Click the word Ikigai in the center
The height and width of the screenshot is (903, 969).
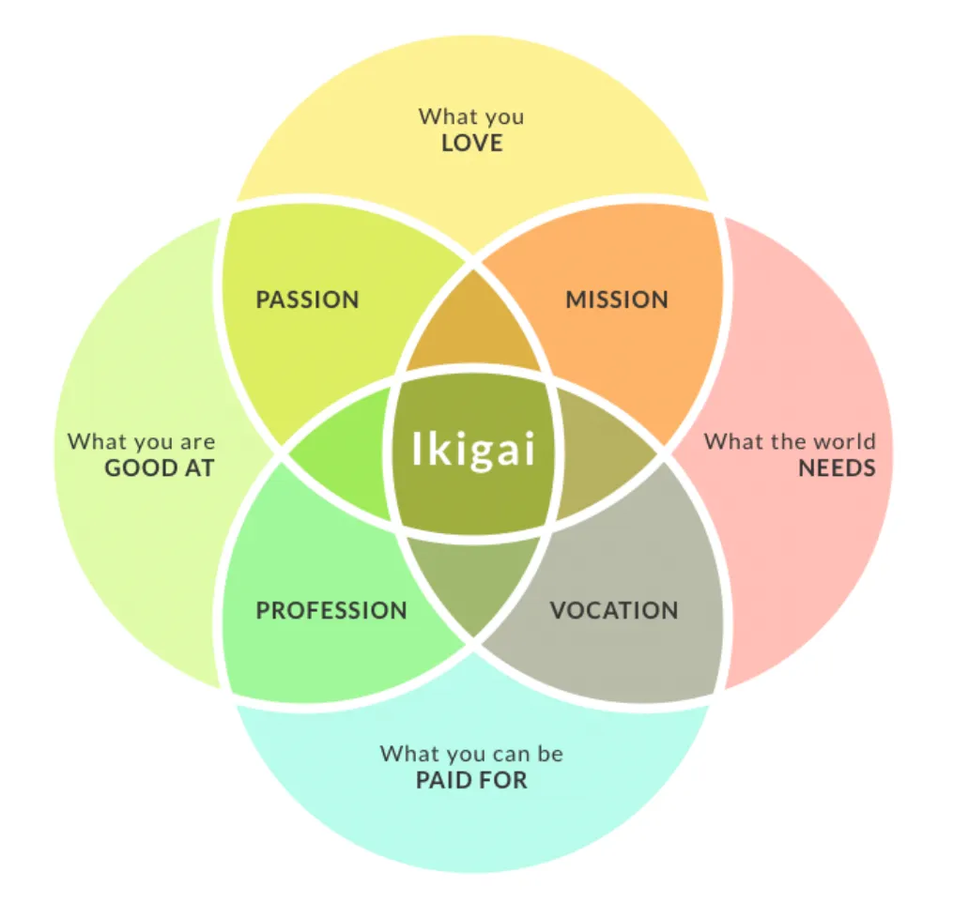(x=473, y=448)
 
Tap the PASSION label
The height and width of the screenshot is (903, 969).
(x=307, y=300)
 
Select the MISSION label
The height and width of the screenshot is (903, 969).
(x=617, y=300)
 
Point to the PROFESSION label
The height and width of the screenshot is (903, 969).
(x=331, y=610)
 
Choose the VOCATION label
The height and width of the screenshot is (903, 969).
(x=614, y=610)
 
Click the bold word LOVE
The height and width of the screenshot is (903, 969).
(x=471, y=144)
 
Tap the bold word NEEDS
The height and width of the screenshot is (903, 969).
(x=837, y=467)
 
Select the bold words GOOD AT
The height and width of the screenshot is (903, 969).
(x=160, y=467)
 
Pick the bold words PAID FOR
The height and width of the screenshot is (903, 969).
(x=471, y=780)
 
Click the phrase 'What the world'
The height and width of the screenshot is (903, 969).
(x=790, y=441)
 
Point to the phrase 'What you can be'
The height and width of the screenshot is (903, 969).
(x=471, y=754)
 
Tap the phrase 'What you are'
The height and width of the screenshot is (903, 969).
(x=142, y=441)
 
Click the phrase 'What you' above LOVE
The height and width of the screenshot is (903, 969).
(x=471, y=117)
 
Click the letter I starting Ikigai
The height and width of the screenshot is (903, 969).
(x=418, y=448)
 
